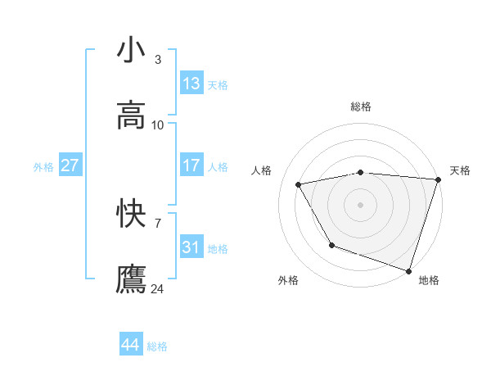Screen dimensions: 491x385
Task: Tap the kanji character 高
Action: pos(131,115)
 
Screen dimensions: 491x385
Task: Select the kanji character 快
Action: pos(131,214)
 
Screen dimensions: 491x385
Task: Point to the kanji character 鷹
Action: pos(131,279)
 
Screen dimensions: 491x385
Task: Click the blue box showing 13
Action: pos(191,84)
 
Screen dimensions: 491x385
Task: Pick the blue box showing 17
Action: pos(191,165)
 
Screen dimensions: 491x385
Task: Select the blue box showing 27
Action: pos(70,165)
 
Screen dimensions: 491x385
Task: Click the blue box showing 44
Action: pos(131,345)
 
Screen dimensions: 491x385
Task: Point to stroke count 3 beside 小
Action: pos(157,60)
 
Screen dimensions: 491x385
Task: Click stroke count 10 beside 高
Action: pos(158,125)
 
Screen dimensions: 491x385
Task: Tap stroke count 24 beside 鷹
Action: pos(158,289)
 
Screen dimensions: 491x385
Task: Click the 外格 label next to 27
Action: pos(43,166)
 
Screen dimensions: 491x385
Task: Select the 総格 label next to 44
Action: pos(157,346)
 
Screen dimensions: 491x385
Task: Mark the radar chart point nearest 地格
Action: pos(408,269)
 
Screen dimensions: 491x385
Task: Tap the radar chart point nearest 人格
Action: pos(299,185)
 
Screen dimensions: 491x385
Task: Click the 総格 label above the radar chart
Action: pos(361,106)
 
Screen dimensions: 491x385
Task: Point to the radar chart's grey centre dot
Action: pos(361,204)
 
